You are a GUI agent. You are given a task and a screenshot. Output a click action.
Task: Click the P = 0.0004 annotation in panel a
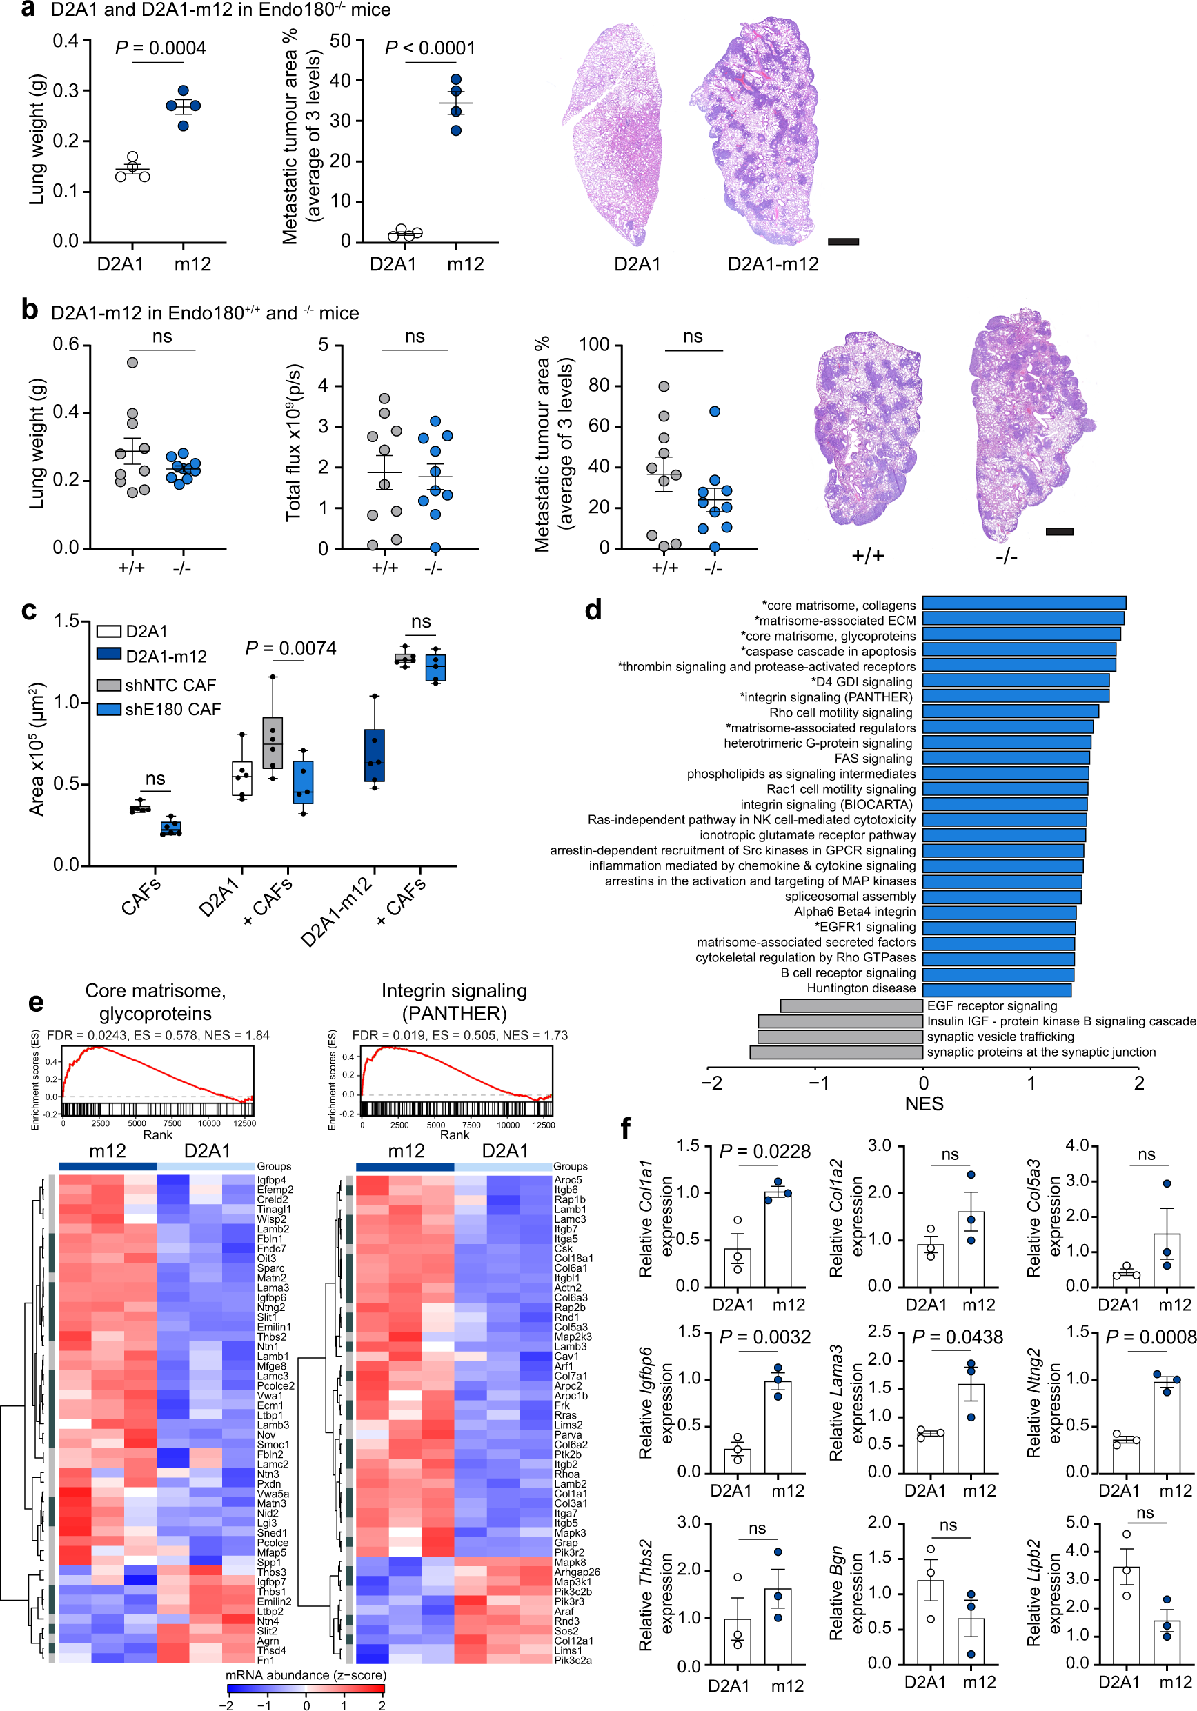[160, 48]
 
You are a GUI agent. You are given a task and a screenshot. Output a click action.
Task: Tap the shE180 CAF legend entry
[159, 709]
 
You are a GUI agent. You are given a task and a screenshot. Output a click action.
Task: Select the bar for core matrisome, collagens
[1023, 603]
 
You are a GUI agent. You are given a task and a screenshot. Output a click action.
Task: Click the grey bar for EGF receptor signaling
[851, 1005]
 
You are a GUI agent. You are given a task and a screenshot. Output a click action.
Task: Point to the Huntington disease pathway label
[861, 988]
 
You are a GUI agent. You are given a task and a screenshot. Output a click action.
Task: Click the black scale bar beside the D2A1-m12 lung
[843, 241]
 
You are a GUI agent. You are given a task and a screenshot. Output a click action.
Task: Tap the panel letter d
[593, 610]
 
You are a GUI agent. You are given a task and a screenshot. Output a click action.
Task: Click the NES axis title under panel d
[924, 1103]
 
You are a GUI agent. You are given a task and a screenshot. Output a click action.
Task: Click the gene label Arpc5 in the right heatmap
[567, 1180]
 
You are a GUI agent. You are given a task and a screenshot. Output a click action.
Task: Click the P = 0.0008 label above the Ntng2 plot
[1150, 1337]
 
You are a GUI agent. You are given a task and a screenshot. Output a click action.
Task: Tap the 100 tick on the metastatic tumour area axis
[594, 345]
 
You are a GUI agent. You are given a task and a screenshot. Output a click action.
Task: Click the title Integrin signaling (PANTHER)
[454, 1001]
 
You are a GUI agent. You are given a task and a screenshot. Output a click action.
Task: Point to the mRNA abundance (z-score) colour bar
[306, 1689]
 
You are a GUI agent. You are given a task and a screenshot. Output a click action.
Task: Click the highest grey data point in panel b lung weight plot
[132, 362]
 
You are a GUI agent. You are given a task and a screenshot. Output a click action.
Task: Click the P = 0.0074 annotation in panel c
[290, 648]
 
